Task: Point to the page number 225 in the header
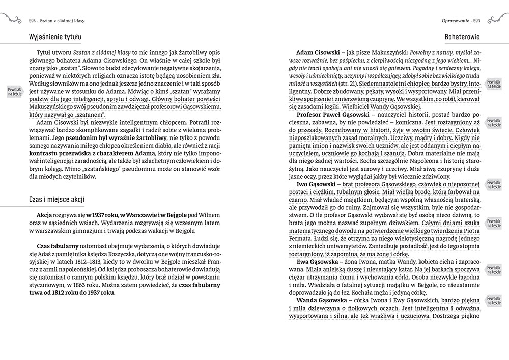[x=477, y=21]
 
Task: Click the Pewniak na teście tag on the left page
[x=15, y=92]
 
